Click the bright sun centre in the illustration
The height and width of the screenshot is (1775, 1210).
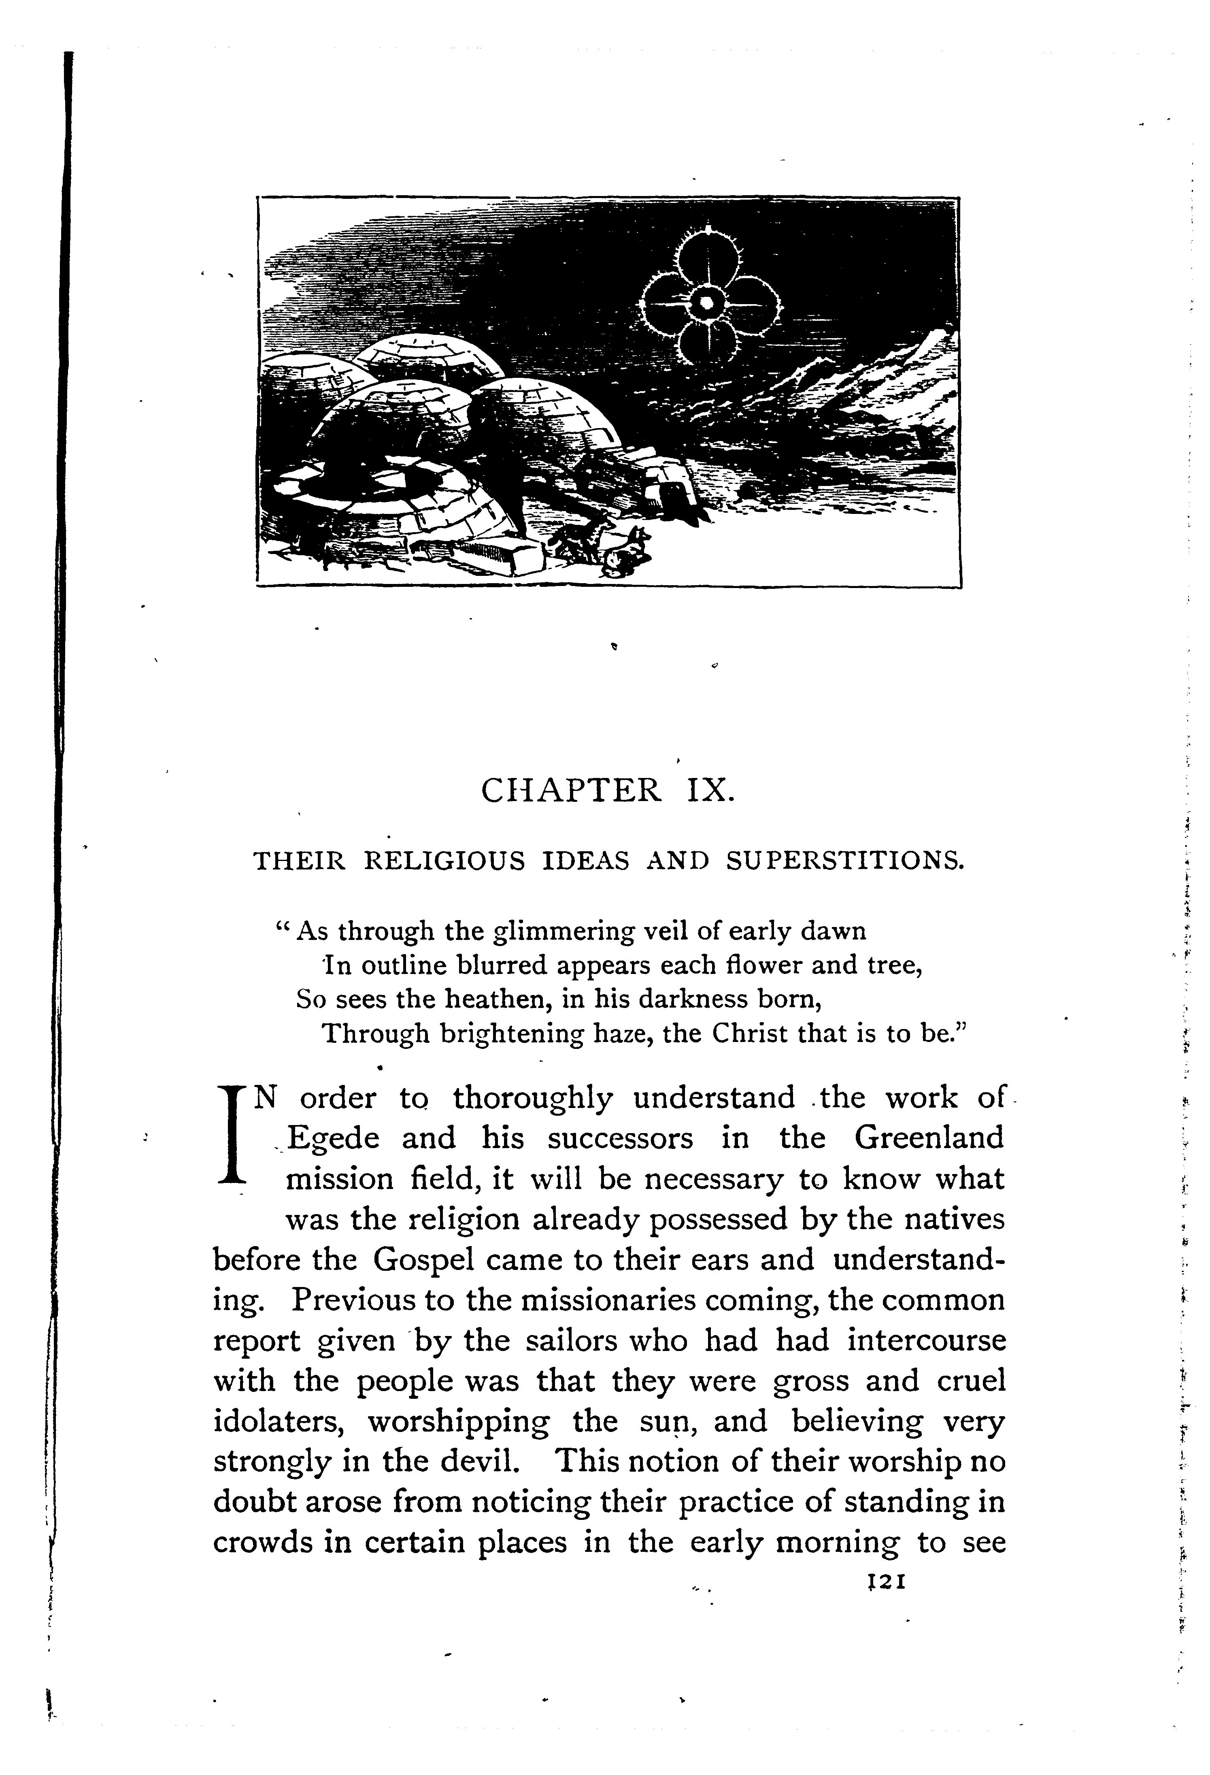[x=707, y=303]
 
